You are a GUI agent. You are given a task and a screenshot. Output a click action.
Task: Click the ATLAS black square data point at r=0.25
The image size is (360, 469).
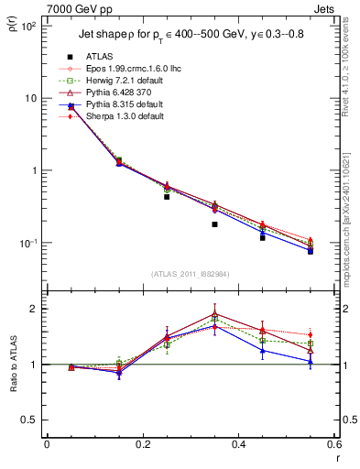[x=167, y=196]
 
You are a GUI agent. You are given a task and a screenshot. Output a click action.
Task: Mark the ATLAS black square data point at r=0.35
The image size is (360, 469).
[x=214, y=224]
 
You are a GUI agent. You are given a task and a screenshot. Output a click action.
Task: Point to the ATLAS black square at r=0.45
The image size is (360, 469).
[x=263, y=237]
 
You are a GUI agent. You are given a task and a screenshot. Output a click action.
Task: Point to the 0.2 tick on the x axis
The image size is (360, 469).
[x=143, y=445]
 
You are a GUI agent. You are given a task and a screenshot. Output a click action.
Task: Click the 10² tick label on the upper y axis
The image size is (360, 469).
[x=28, y=26]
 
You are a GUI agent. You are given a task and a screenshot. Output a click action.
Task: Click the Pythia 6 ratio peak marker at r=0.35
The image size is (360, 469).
[x=214, y=313]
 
